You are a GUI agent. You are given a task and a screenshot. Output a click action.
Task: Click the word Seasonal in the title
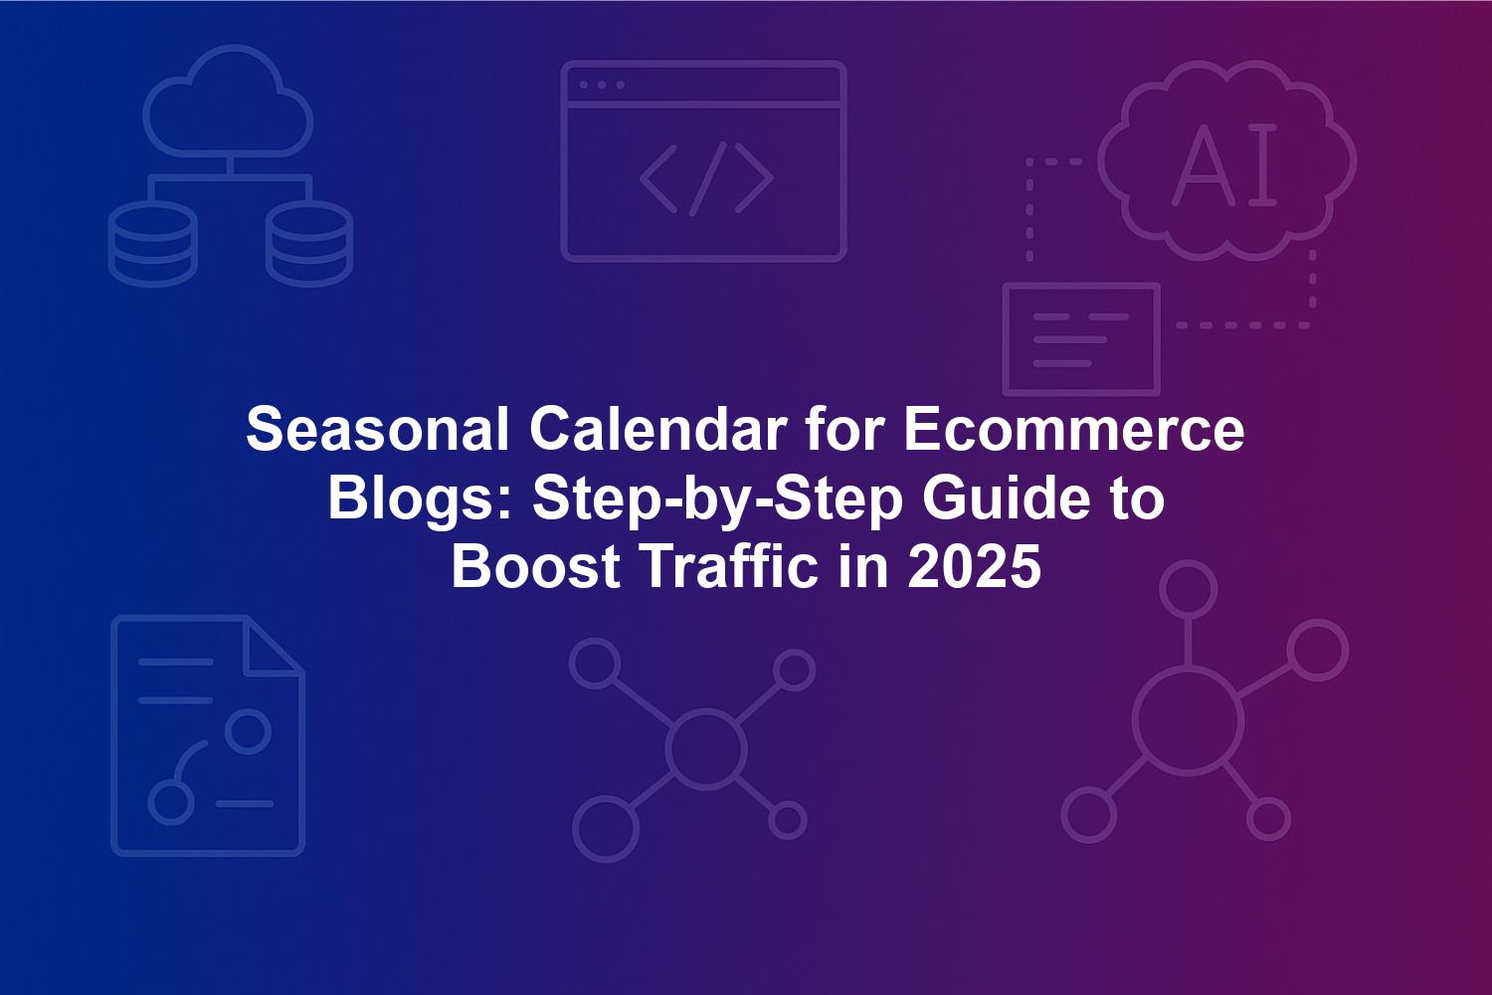378,429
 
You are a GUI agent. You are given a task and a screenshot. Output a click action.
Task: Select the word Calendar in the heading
658,429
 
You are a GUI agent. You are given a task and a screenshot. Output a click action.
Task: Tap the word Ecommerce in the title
1073,429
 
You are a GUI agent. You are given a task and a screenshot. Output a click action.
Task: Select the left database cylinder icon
152,243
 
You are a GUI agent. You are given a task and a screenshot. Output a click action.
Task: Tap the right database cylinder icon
309,243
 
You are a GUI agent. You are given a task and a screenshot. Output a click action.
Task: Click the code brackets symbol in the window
706,179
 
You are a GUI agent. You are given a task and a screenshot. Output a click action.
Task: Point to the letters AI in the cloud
1224,164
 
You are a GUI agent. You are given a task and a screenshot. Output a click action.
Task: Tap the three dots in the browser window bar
602,85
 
